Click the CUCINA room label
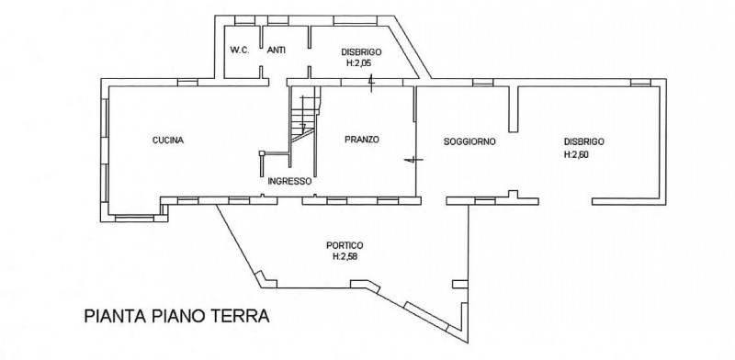point(168,141)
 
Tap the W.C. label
point(240,51)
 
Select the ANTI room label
point(277,51)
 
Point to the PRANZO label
point(361,140)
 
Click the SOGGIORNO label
point(469,141)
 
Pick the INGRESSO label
point(289,181)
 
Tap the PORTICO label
point(345,245)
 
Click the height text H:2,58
point(345,256)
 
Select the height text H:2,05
point(359,62)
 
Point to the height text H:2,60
point(576,152)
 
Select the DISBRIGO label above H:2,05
point(361,51)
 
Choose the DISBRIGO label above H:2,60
point(584,141)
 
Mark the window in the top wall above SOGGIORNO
point(483,83)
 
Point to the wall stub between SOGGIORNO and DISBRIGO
point(514,108)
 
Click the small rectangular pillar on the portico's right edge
point(460,284)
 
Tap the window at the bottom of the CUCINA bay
point(134,218)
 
